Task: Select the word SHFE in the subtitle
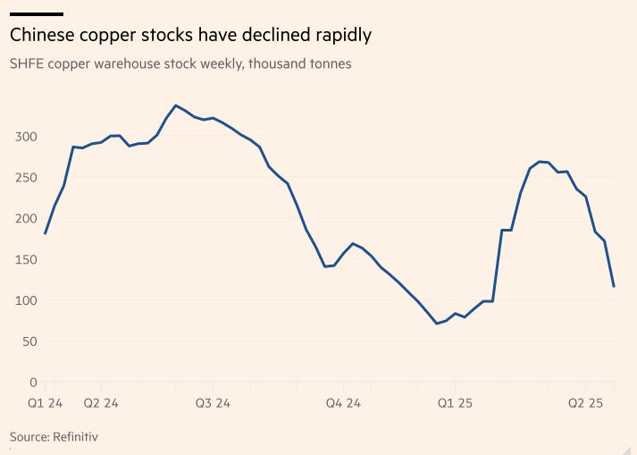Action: tap(29, 64)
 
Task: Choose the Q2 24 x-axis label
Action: tap(101, 404)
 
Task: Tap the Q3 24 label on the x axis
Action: tap(212, 404)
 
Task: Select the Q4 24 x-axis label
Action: tap(343, 404)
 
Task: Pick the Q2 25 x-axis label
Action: tap(586, 404)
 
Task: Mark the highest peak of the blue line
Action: tap(175, 105)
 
